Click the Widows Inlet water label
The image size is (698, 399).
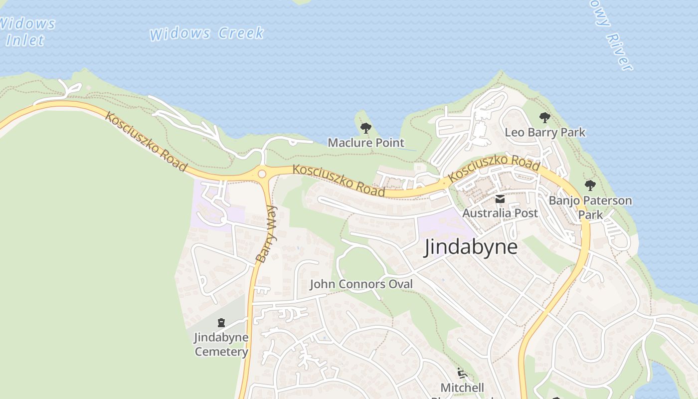coord(27,31)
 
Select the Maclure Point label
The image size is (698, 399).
coord(366,143)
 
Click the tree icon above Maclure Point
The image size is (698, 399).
coord(366,128)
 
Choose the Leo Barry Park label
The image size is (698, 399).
coord(545,133)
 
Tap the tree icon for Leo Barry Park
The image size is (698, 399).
coord(545,118)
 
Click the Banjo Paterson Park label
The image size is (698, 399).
coord(590,207)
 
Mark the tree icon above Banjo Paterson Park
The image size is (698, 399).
coord(590,186)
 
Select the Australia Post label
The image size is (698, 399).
coord(500,213)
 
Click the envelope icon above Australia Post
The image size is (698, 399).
coord(500,199)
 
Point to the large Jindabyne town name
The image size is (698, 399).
coord(471,247)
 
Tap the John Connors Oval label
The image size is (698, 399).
coord(361,284)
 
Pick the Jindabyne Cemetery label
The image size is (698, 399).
coord(221,345)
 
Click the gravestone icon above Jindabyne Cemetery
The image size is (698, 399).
coord(221,323)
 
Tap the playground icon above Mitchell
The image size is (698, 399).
coord(462,373)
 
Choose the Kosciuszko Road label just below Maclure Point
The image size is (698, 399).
coord(339,180)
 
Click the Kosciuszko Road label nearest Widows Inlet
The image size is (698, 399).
coord(146,143)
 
